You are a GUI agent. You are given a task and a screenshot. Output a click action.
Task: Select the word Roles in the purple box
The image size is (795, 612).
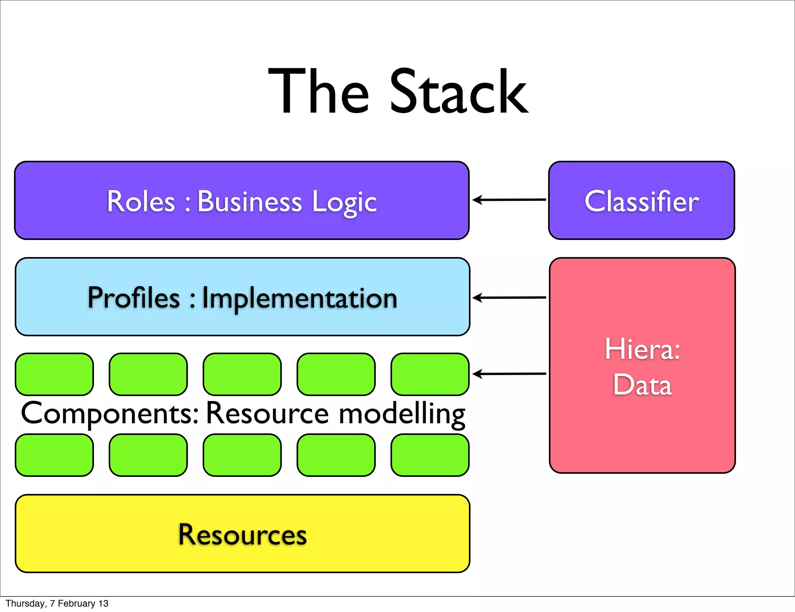pos(141,202)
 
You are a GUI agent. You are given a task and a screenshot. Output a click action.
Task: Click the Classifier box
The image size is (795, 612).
pos(641,201)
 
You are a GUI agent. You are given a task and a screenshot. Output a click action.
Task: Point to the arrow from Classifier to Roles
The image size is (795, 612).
pos(509,200)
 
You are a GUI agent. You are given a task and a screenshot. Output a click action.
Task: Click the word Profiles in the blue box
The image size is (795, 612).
pos(134,298)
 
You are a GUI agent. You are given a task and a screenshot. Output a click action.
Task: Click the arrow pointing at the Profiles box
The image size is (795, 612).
pos(509,298)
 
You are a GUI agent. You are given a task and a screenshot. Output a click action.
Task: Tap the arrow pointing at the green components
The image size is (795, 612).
pos(509,374)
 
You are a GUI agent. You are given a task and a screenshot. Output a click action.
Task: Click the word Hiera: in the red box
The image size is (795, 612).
pos(642,349)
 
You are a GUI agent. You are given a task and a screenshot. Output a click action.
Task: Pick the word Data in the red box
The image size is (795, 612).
pos(642,385)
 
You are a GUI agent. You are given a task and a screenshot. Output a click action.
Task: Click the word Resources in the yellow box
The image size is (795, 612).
pos(242,535)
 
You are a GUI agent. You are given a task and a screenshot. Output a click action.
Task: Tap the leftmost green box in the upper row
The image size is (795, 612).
pos(54,374)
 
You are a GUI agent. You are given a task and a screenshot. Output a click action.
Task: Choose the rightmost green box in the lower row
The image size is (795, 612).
pos(430,455)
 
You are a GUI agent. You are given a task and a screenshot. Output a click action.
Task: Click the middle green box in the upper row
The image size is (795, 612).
pos(242,374)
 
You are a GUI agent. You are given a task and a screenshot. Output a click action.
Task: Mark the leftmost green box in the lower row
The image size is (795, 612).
pos(54,455)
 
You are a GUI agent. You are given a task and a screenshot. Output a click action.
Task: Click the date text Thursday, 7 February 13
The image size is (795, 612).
pos(57,603)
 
